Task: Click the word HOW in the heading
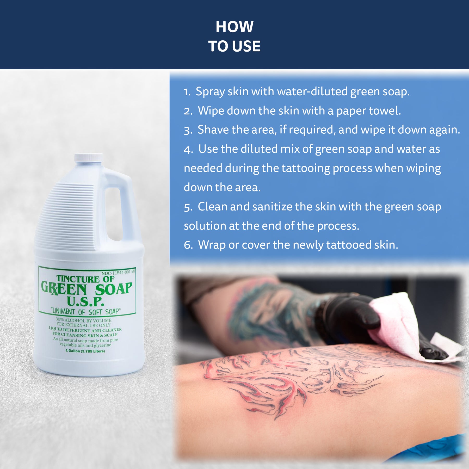[x=234, y=27]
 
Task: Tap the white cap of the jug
[x=89, y=157]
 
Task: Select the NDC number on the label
[x=118, y=273]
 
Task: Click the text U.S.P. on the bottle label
[x=85, y=301]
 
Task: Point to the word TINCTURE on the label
[x=78, y=279]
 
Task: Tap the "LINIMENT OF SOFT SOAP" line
[x=86, y=311]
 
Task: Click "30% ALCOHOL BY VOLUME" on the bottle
[x=83, y=320]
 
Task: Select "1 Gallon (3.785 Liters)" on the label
[x=85, y=351]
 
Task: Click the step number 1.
[x=187, y=92]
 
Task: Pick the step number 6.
[x=188, y=245]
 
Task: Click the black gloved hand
[x=347, y=318]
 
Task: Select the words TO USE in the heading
[x=234, y=46]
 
